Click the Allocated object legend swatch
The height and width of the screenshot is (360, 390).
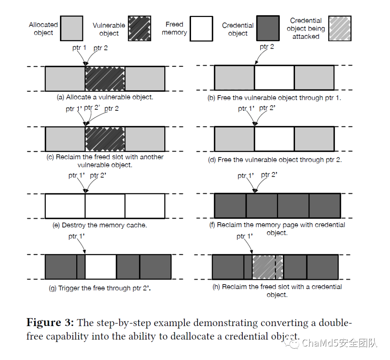71,28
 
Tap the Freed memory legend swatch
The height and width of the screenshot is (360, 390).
201,28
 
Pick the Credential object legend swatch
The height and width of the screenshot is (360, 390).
268,28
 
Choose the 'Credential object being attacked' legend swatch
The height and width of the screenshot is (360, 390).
339,28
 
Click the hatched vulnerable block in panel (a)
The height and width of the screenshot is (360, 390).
105,79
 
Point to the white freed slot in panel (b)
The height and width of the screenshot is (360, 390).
274,78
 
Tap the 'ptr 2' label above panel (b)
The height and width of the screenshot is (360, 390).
267,47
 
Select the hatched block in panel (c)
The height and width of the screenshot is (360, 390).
105,139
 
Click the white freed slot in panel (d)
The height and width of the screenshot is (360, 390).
274,139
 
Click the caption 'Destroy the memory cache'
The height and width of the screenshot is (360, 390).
100,225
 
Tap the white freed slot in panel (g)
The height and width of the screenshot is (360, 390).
101,267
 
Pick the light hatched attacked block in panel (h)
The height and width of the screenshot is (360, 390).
268,267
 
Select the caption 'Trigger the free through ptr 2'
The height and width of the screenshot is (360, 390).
100,288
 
